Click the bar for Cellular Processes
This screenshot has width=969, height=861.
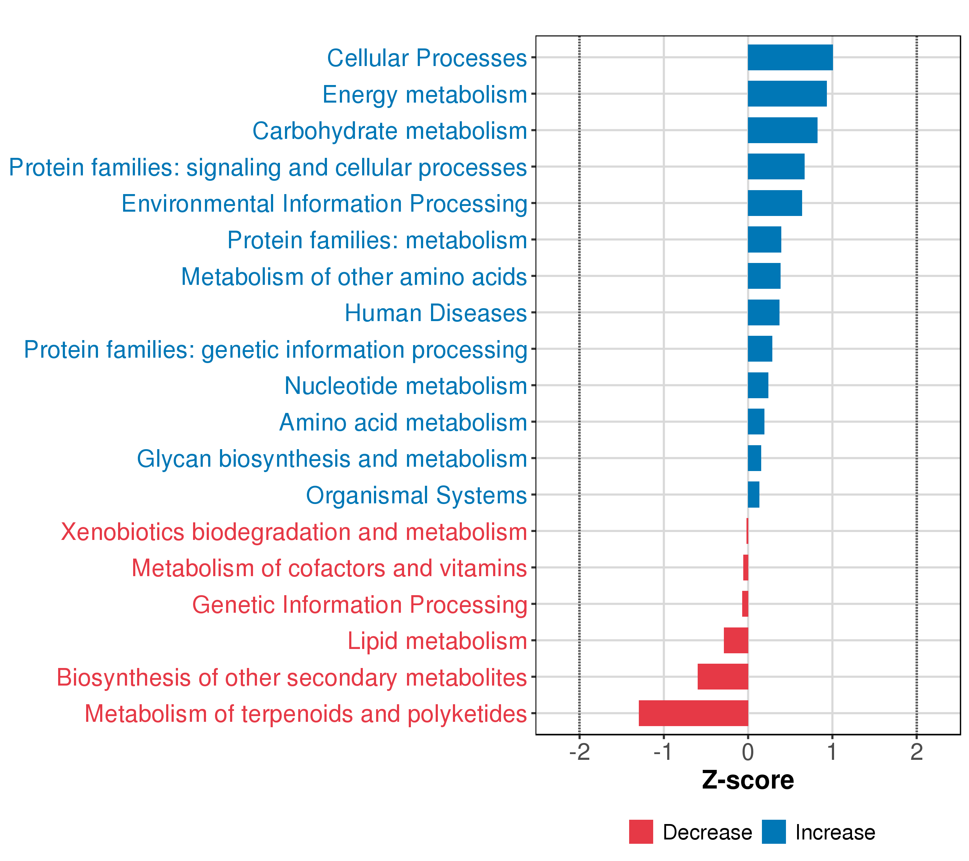[790, 57]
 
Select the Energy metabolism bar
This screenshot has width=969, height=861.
[787, 94]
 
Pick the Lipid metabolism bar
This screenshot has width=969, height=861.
[736, 640]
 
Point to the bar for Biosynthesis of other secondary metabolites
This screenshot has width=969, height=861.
[722, 676]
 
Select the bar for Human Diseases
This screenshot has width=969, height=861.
[763, 312]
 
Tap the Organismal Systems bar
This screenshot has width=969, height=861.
[753, 494]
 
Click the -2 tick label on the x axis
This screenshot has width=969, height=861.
[579, 752]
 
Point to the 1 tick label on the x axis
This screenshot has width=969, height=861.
[832, 752]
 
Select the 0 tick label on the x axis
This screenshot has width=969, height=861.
[748, 752]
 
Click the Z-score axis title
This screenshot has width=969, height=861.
[748, 780]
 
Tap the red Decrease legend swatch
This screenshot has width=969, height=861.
[641, 832]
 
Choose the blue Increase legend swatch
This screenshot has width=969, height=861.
[774, 832]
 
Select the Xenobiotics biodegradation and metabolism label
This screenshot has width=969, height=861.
[294, 532]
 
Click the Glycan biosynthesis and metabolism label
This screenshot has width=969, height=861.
[332, 459]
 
